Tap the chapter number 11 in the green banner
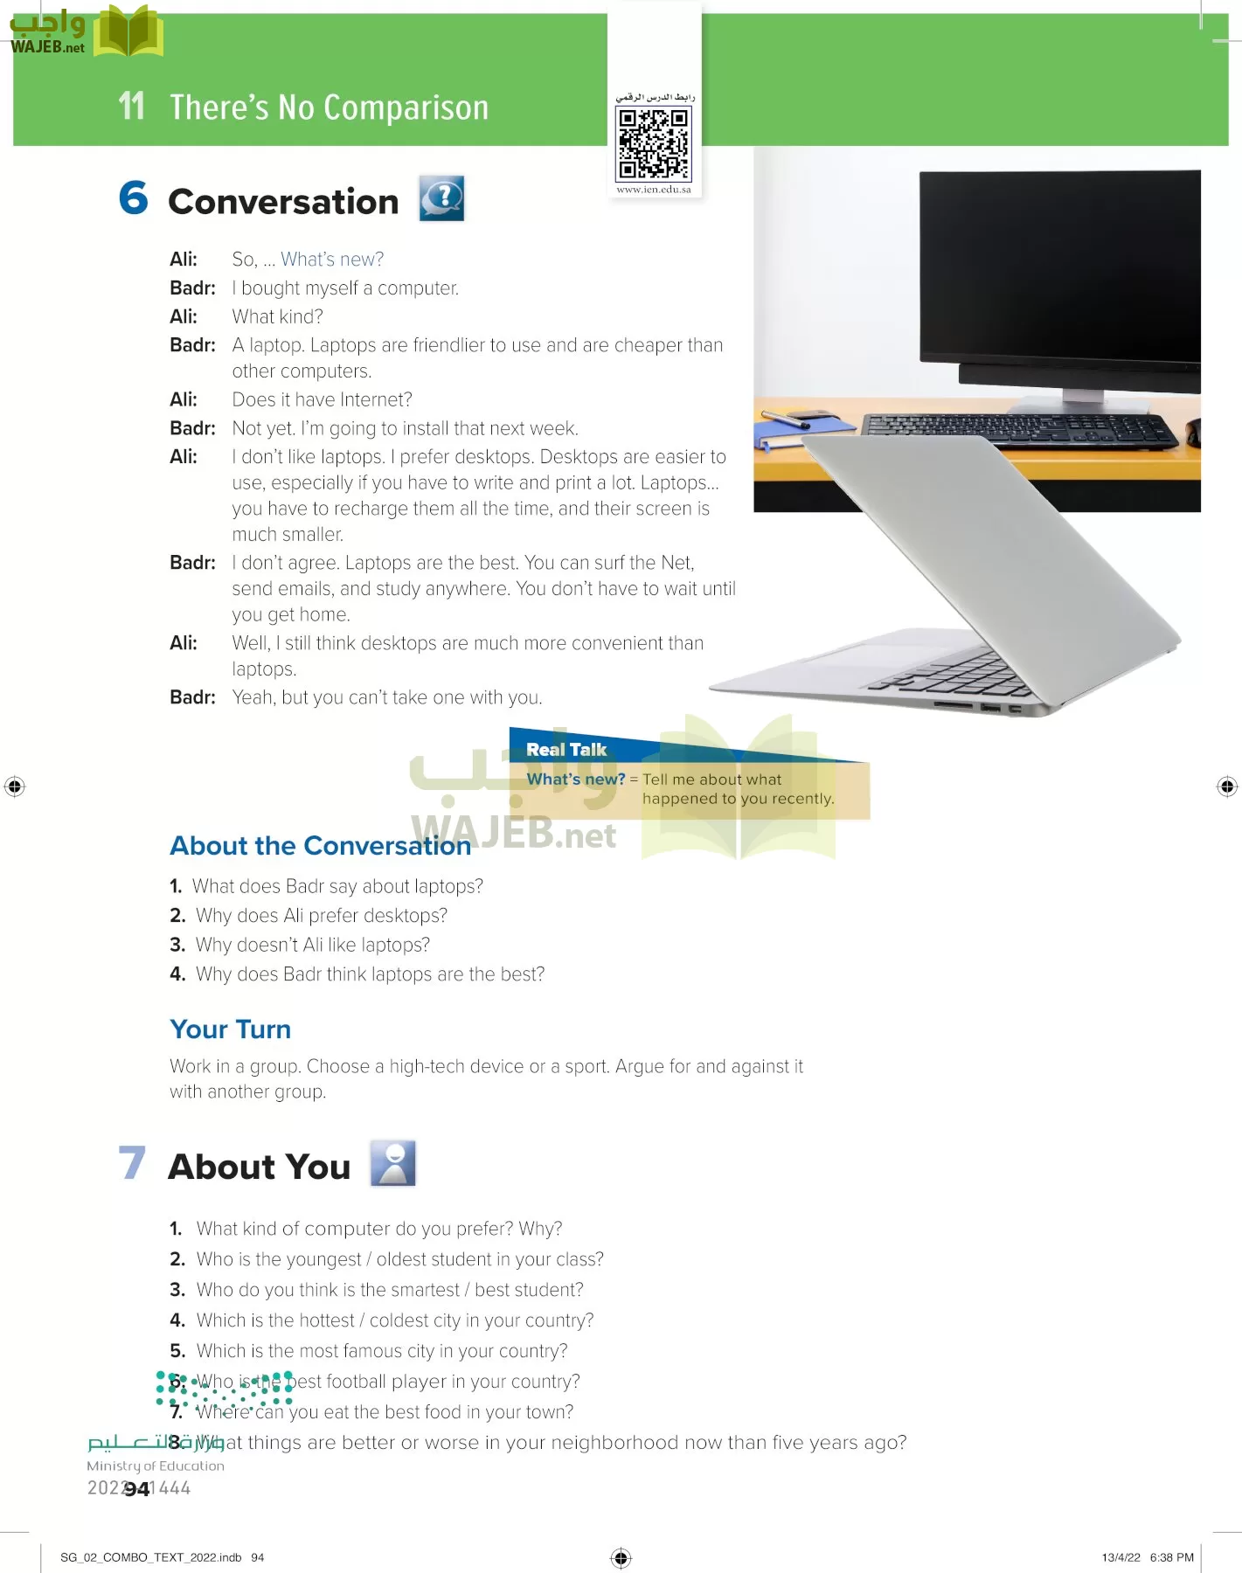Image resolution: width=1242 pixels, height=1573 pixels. (131, 107)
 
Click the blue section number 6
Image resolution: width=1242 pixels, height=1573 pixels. (134, 197)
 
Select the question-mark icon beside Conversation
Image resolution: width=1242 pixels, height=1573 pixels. (441, 198)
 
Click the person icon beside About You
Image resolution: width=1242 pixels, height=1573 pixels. (392, 1163)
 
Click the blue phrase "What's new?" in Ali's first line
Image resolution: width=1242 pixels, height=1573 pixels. (332, 260)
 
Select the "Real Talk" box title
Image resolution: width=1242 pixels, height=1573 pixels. (566, 750)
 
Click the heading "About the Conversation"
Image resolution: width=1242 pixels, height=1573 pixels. (320, 846)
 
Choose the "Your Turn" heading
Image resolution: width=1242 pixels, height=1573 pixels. (230, 1029)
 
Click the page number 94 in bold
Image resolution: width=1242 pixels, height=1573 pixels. (137, 1489)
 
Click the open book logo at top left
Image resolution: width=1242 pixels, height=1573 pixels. (128, 31)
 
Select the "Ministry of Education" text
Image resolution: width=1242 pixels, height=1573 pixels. (156, 1466)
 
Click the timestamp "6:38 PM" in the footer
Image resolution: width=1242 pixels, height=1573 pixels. (1171, 1557)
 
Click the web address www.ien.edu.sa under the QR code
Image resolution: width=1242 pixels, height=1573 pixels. (654, 190)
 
